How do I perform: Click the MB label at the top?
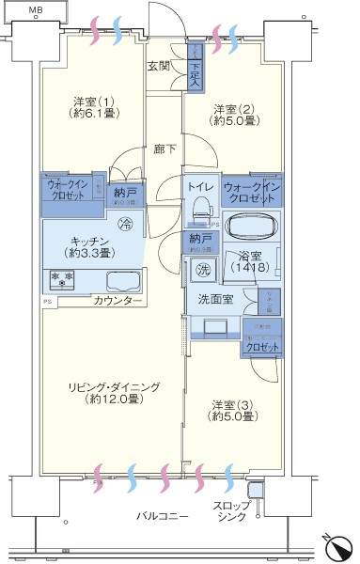click(x=35, y=11)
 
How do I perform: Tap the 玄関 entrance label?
click(x=158, y=67)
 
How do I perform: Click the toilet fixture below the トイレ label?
click(x=198, y=212)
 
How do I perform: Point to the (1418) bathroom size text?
click(x=250, y=267)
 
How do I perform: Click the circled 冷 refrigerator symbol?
click(x=126, y=224)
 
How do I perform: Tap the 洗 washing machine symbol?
click(x=204, y=271)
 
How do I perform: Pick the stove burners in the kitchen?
click(x=62, y=279)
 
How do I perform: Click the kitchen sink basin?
click(x=122, y=280)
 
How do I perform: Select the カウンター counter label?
click(x=117, y=301)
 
